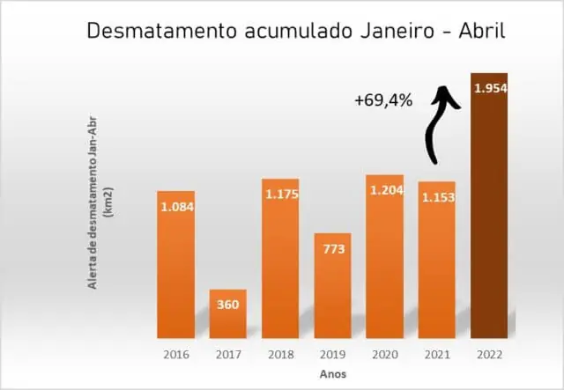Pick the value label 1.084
(176, 207)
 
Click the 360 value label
(227, 305)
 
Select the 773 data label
(332, 249)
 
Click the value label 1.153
(437, 197)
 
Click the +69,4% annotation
(383, 100)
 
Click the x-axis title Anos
(332, 374)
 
